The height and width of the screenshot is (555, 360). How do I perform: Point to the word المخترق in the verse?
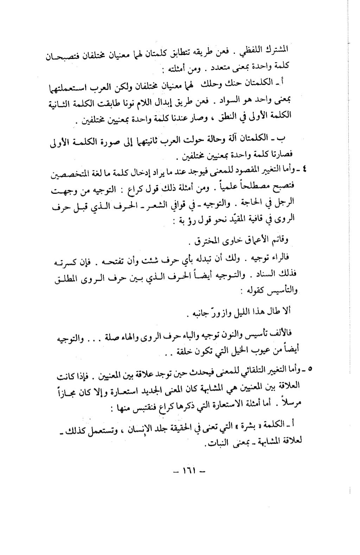click(204, 241)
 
